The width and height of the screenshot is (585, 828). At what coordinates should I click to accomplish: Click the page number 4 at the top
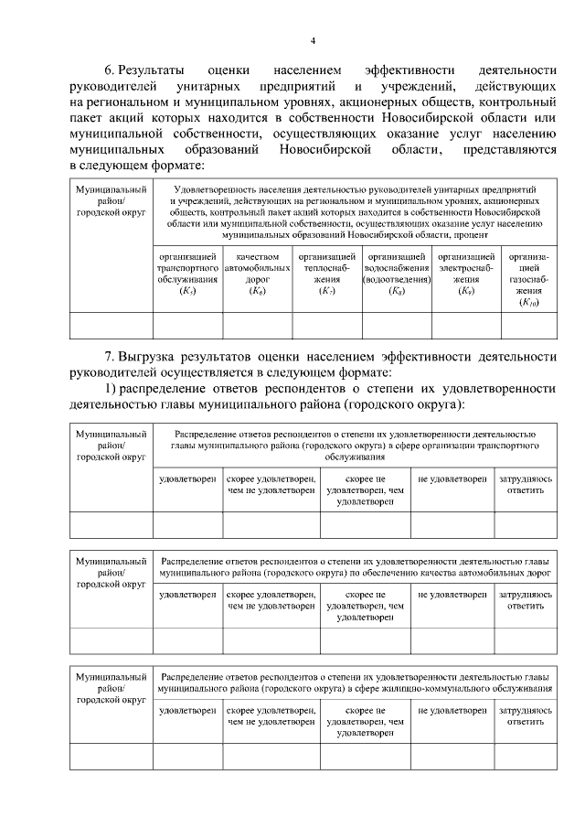coord(312,41)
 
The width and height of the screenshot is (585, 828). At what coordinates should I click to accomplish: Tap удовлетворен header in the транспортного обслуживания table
coord(187,479)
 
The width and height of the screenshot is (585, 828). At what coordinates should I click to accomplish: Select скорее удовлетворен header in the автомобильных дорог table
coord(271,599)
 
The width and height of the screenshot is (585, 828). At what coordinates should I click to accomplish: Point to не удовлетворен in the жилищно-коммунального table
coord(452,710)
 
